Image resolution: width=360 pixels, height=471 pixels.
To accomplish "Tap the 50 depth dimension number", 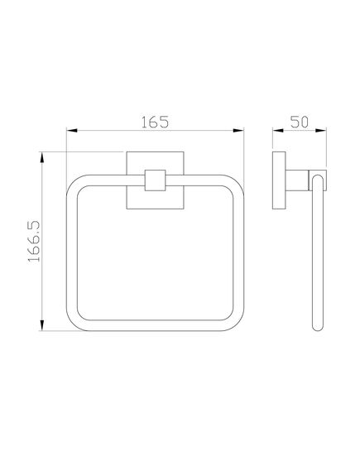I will tap(300, 121).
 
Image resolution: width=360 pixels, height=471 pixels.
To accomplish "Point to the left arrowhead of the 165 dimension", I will tap(72, 131).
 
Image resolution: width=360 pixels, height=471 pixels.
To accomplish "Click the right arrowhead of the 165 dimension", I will tap(241, 131).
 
